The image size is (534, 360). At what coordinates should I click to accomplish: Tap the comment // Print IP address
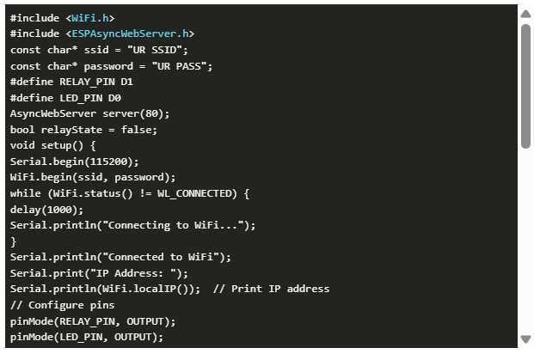pos(271,289)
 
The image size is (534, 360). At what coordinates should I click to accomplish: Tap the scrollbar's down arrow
pos(525,339)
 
